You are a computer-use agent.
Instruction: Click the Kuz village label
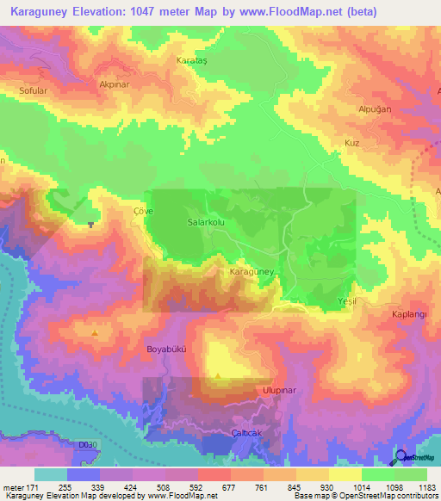(351, 142)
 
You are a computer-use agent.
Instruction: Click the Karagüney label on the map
(252, 271)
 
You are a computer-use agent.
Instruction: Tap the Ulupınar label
(278, 389)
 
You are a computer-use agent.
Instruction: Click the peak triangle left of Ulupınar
(219, 375)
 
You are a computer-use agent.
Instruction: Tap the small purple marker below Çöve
(90, 226)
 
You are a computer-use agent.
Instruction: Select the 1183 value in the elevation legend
(425, 487)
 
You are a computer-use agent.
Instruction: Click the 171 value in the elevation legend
(35, 487)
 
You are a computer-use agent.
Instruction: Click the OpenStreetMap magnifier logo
(401, 457)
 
